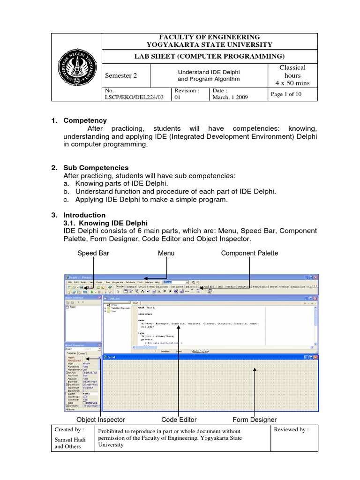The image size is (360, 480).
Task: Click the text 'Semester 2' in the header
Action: [x=120, y=75]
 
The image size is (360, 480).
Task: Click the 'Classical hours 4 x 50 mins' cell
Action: [x=292, y=75]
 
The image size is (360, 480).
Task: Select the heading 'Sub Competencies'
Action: [x=96, y=167]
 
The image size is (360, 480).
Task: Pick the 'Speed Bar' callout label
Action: [x=93, y=253]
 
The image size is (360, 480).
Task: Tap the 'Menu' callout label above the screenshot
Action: [x=166, y=253]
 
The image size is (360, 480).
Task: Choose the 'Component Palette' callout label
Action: [x=249, y=253]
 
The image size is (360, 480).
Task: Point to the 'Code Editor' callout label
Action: [x=179, y=420]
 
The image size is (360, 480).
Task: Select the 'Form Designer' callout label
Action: [x=255, y=420]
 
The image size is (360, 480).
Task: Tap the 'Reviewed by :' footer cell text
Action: [x=291, y=429]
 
